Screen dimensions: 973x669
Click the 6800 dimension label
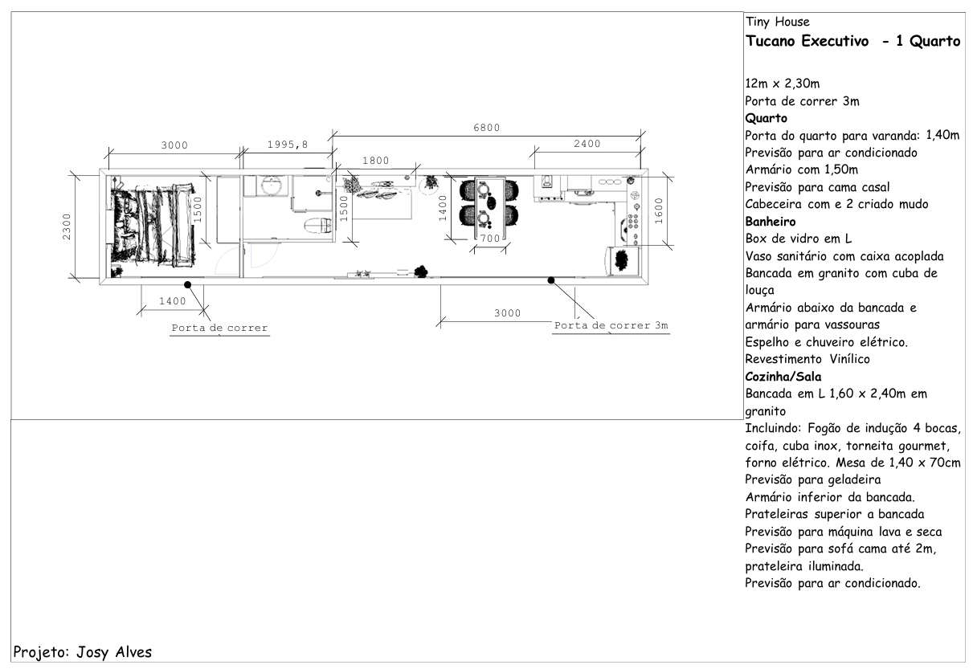click(x=487, y=128)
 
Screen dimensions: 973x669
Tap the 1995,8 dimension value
click(x=288, y=144)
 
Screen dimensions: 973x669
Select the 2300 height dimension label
click(x=67, y=226)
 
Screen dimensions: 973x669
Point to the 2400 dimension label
click(x=587, y=144)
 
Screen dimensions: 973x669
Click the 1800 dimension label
click(x=376, y=161)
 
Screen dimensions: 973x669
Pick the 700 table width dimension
click(x=490, y=239)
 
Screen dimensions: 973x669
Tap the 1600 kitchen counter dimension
click(x=659, y=211)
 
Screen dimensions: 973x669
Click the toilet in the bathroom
click(x=318, y=226)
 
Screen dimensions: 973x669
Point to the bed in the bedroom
click(x=152, y=225)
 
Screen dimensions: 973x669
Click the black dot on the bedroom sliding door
click(x=188, y=285)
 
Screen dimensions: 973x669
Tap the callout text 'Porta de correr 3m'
click(x=611, y=325)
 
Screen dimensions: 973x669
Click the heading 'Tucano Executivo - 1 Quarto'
click(x=852, y=41)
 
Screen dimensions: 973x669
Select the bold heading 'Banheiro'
click(x=771, y=222)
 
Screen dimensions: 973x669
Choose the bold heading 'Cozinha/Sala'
click(x=783, y=377)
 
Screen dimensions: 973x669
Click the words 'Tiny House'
click(x=778, y=22)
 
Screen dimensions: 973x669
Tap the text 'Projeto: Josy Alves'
click(x=83, y=652)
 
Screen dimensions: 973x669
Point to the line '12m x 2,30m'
click(x=783, y=84)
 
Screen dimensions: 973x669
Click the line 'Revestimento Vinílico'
click(x=807, y=359)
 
